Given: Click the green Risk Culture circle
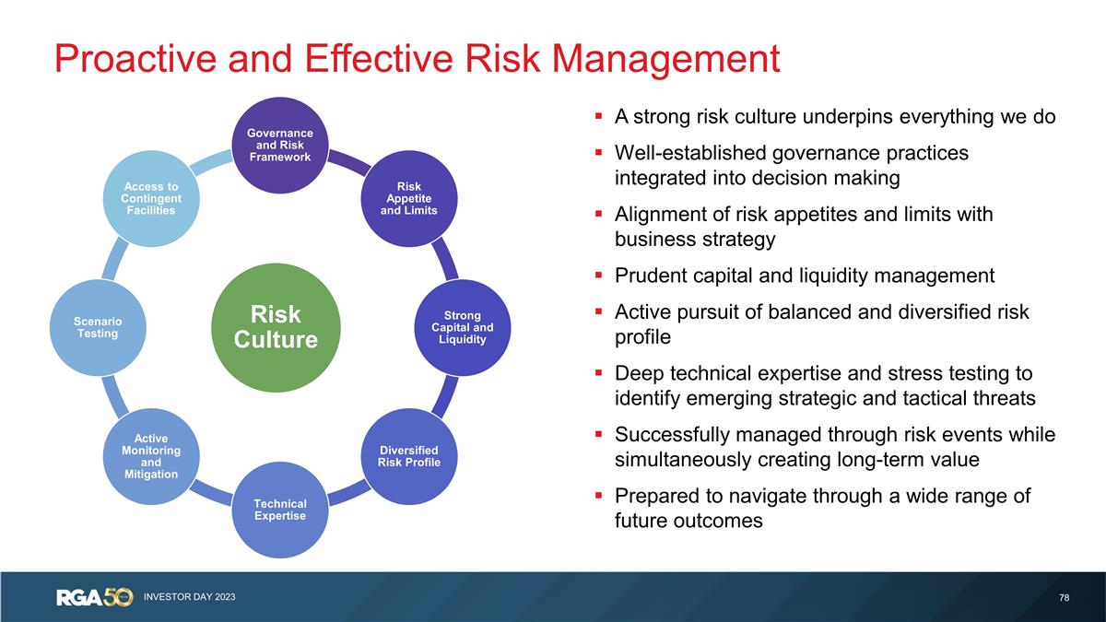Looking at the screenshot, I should tap(276, 327).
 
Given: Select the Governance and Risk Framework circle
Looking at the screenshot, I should tap(279, 145).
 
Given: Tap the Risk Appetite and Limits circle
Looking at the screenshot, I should tap(409, 198).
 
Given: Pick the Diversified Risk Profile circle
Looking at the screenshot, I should tap(409, 455).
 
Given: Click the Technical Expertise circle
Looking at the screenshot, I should tap(279, 510).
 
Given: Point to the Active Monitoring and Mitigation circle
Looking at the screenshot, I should tap(150, 455).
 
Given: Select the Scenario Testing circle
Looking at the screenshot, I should tap(97, 327).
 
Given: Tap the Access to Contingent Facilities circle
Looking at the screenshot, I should tap(150, 198).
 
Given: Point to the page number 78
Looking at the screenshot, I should tap(1065, 598).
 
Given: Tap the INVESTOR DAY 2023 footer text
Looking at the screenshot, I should tap(189, 598).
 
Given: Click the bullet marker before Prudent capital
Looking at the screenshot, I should tap(598, 276).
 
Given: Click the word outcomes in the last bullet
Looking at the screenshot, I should tap(718, 521).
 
